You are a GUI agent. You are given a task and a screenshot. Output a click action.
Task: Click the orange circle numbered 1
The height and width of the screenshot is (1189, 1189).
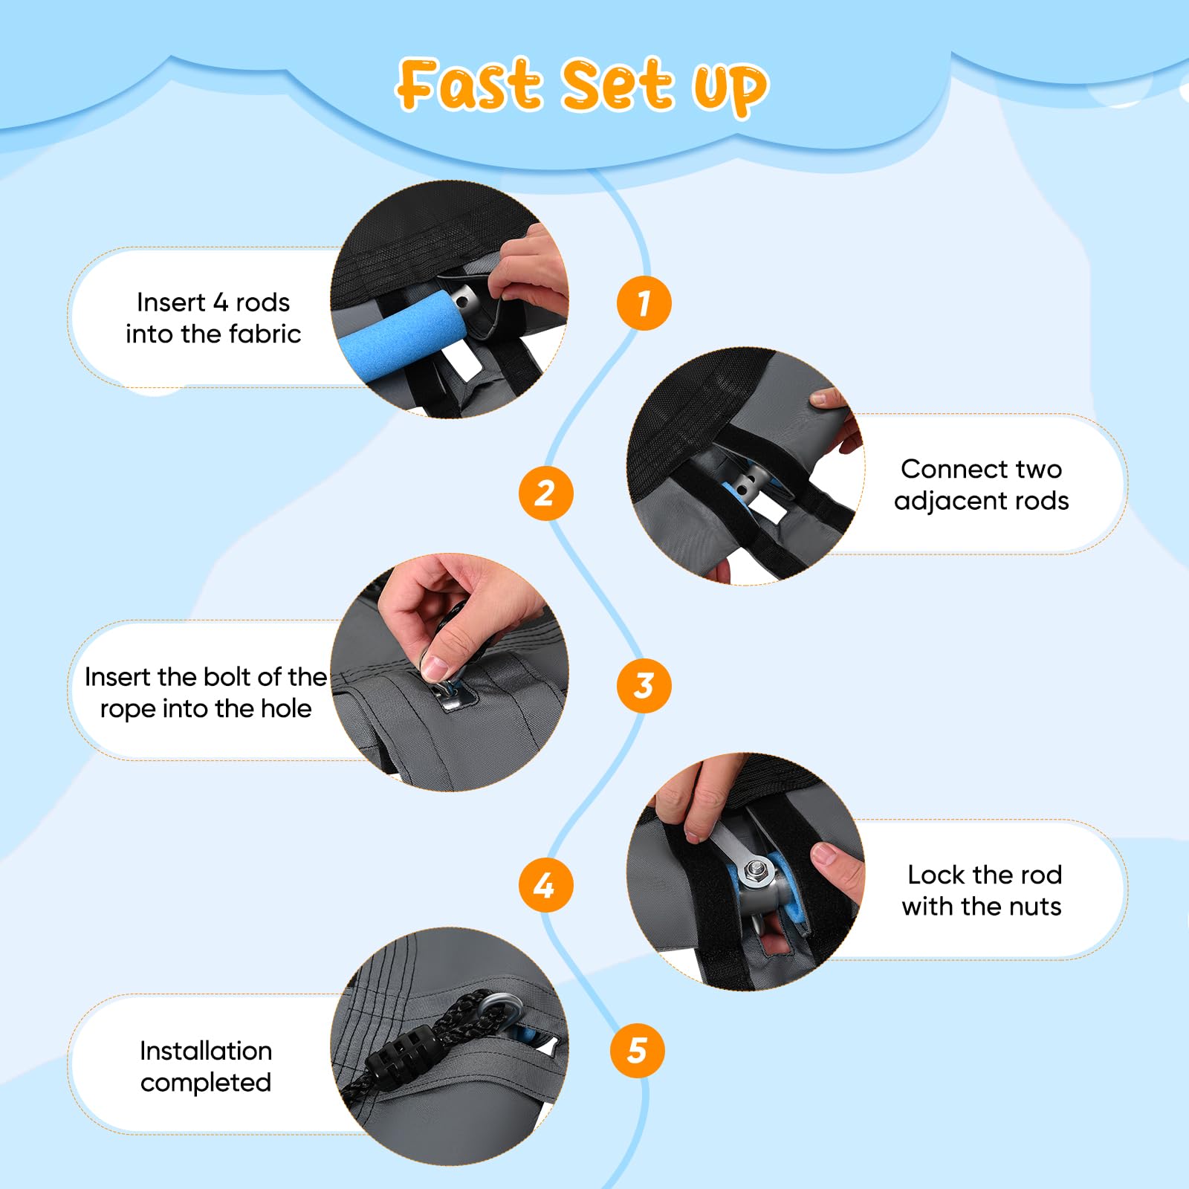[x=644, y=303]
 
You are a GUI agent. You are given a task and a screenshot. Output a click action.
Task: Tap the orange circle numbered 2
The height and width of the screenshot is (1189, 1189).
[x=545, y=493]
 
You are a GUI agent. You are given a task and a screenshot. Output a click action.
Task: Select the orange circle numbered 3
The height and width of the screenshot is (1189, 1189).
[x=644, y=685]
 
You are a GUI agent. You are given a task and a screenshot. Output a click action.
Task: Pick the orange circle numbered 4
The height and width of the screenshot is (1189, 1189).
[x=545, y=884]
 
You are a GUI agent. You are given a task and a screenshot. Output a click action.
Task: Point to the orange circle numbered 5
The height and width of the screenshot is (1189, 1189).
[x=637, y=1050]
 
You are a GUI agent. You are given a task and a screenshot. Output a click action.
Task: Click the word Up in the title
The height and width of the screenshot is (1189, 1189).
[x=730, y=89]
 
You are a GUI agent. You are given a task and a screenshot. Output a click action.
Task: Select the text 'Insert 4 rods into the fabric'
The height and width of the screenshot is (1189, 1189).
[x=213, y=318]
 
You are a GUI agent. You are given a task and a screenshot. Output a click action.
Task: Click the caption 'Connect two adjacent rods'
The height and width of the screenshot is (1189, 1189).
[x=981, y=485]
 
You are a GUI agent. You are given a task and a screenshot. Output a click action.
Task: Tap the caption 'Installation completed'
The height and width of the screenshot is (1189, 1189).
[x=206, y=1066]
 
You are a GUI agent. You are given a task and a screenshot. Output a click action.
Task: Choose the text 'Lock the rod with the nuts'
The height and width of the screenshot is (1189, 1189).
[x=982, y=890]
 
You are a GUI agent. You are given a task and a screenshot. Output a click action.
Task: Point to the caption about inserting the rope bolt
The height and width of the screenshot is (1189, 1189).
[x=206, y=693]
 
